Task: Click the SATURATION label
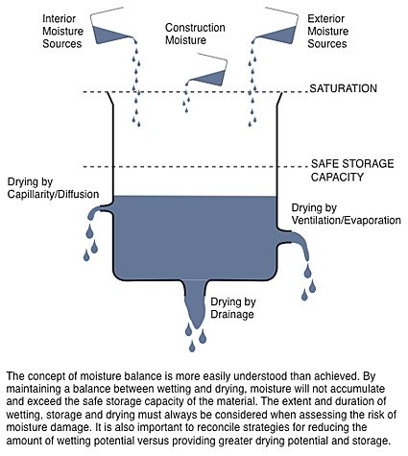tap(345, 88)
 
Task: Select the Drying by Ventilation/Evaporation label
tap(346, 214)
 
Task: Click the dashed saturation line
tap(192, 92)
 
